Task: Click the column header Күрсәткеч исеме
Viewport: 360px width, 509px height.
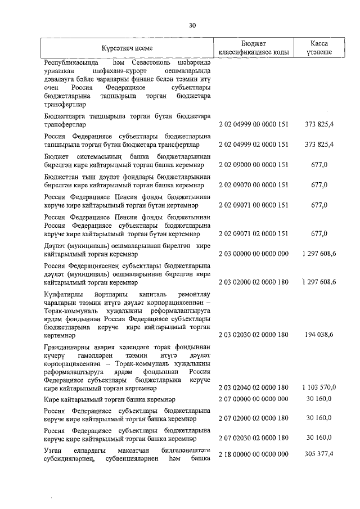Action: (x=127, y=48)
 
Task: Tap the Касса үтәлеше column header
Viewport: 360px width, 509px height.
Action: (x=319, y=48)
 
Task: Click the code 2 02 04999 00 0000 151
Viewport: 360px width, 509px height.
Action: (x=254, y=124)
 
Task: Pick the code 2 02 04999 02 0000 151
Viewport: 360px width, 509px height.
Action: (x=254, y=145)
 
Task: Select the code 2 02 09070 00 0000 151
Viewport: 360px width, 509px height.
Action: (x=254, y=185)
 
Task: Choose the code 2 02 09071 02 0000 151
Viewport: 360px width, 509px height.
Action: (x=254, y=233)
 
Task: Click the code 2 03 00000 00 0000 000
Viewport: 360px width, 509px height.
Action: (x=254, y=254)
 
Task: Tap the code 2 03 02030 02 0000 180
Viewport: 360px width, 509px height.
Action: (x=254, y=335)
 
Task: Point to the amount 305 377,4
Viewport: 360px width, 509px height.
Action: (x=319, y=453)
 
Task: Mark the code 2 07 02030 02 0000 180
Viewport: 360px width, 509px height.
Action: (x=254, y=437)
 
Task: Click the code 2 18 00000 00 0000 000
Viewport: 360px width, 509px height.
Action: (x=254, y=453)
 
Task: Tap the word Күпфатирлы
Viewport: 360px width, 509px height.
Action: (x=62, y=294)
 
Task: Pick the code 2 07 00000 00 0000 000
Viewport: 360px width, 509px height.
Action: (x=254, y=399)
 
